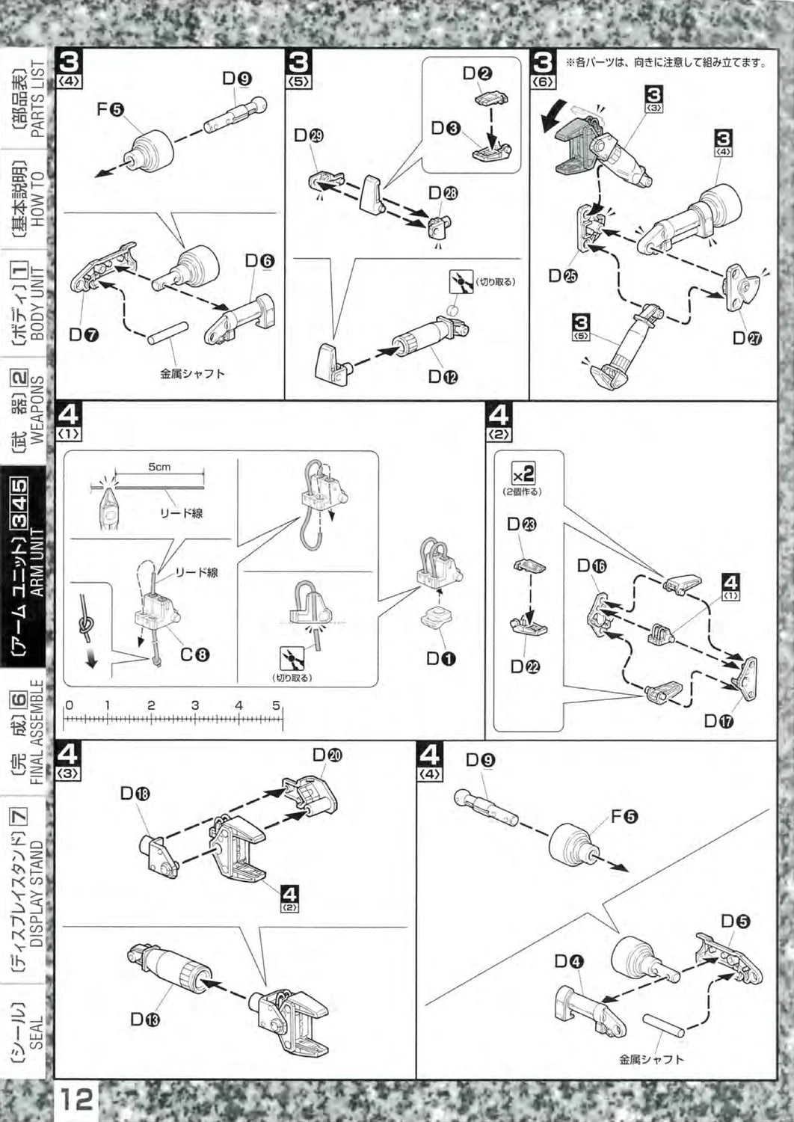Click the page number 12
pyautogui.click(x=77, y=1100)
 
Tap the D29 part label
pyautogui.click(x=308, y=136)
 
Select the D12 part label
pyautogui.click(x=443, y=376)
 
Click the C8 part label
pyautogui.click(x=194, y=654)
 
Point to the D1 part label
pyautogui.click(x=441, y=658)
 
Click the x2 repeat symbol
pyautogui.click(x=523, y=473)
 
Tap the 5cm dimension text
pyautogui.click(x=159, y=467)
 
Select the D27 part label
pyautogui.click(x=747, y=337)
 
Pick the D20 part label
pyautogui.click(x=327, y=755)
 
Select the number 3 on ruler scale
pyautogui.click(x=195, y=705)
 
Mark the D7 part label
pyautogui.click(x=84, y=334)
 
